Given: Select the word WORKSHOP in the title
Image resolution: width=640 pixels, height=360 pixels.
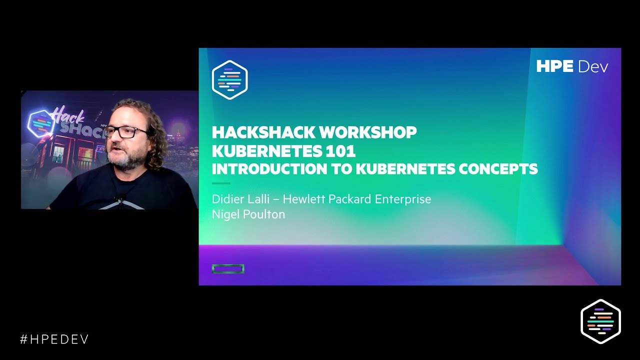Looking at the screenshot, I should (x=367, y=132).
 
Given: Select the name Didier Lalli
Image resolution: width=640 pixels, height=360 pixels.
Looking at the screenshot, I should (x=238, y=199).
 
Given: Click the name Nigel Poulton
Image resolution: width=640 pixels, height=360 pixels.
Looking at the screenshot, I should (x=248, y=214).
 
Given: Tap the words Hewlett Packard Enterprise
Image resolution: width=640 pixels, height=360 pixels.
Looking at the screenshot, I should (x=356, y=199).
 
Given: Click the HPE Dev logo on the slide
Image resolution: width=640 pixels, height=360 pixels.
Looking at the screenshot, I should (x=572, y=66).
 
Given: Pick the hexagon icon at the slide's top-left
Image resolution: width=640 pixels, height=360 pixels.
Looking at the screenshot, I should (x=230, y=80).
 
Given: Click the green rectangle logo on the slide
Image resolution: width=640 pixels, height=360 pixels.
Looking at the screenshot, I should (x=228, y=269).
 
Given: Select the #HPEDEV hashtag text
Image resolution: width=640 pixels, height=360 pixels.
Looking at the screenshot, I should (x=54, y=339).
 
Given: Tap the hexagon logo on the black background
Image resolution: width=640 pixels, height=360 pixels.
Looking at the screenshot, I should (x=600, y=321).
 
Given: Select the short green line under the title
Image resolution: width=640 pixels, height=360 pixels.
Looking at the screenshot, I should (x=221, y=183).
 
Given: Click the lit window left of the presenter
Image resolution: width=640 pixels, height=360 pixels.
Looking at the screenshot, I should (x=58, y=154).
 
